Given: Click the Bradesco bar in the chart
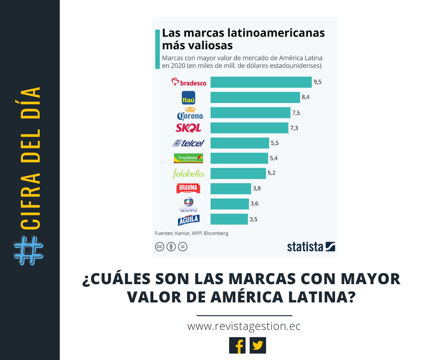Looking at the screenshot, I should [x=261, y=82].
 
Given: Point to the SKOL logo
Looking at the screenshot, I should [x=188, y=128].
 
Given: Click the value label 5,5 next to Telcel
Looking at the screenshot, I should [x=275, y=143].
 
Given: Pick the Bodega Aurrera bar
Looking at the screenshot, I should [x=239, y=158].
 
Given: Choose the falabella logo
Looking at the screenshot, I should [x=188, y=174].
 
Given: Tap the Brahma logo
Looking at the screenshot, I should [x=188, y=188].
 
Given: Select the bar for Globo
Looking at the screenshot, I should [x=230, y=204].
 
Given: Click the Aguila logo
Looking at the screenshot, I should [x=188, y=219].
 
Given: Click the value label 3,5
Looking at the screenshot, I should [x=254, y=219].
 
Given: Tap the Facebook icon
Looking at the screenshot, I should [x=237, y=345].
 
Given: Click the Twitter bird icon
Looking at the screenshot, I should [x=258, y=345].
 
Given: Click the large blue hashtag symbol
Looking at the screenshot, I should [x=29, y=251].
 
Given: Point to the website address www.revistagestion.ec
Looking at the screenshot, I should [x=244, y=327].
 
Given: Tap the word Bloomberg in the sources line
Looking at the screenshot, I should [x=216, y=233].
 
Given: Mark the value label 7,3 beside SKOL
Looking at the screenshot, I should [x=294, y=128].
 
